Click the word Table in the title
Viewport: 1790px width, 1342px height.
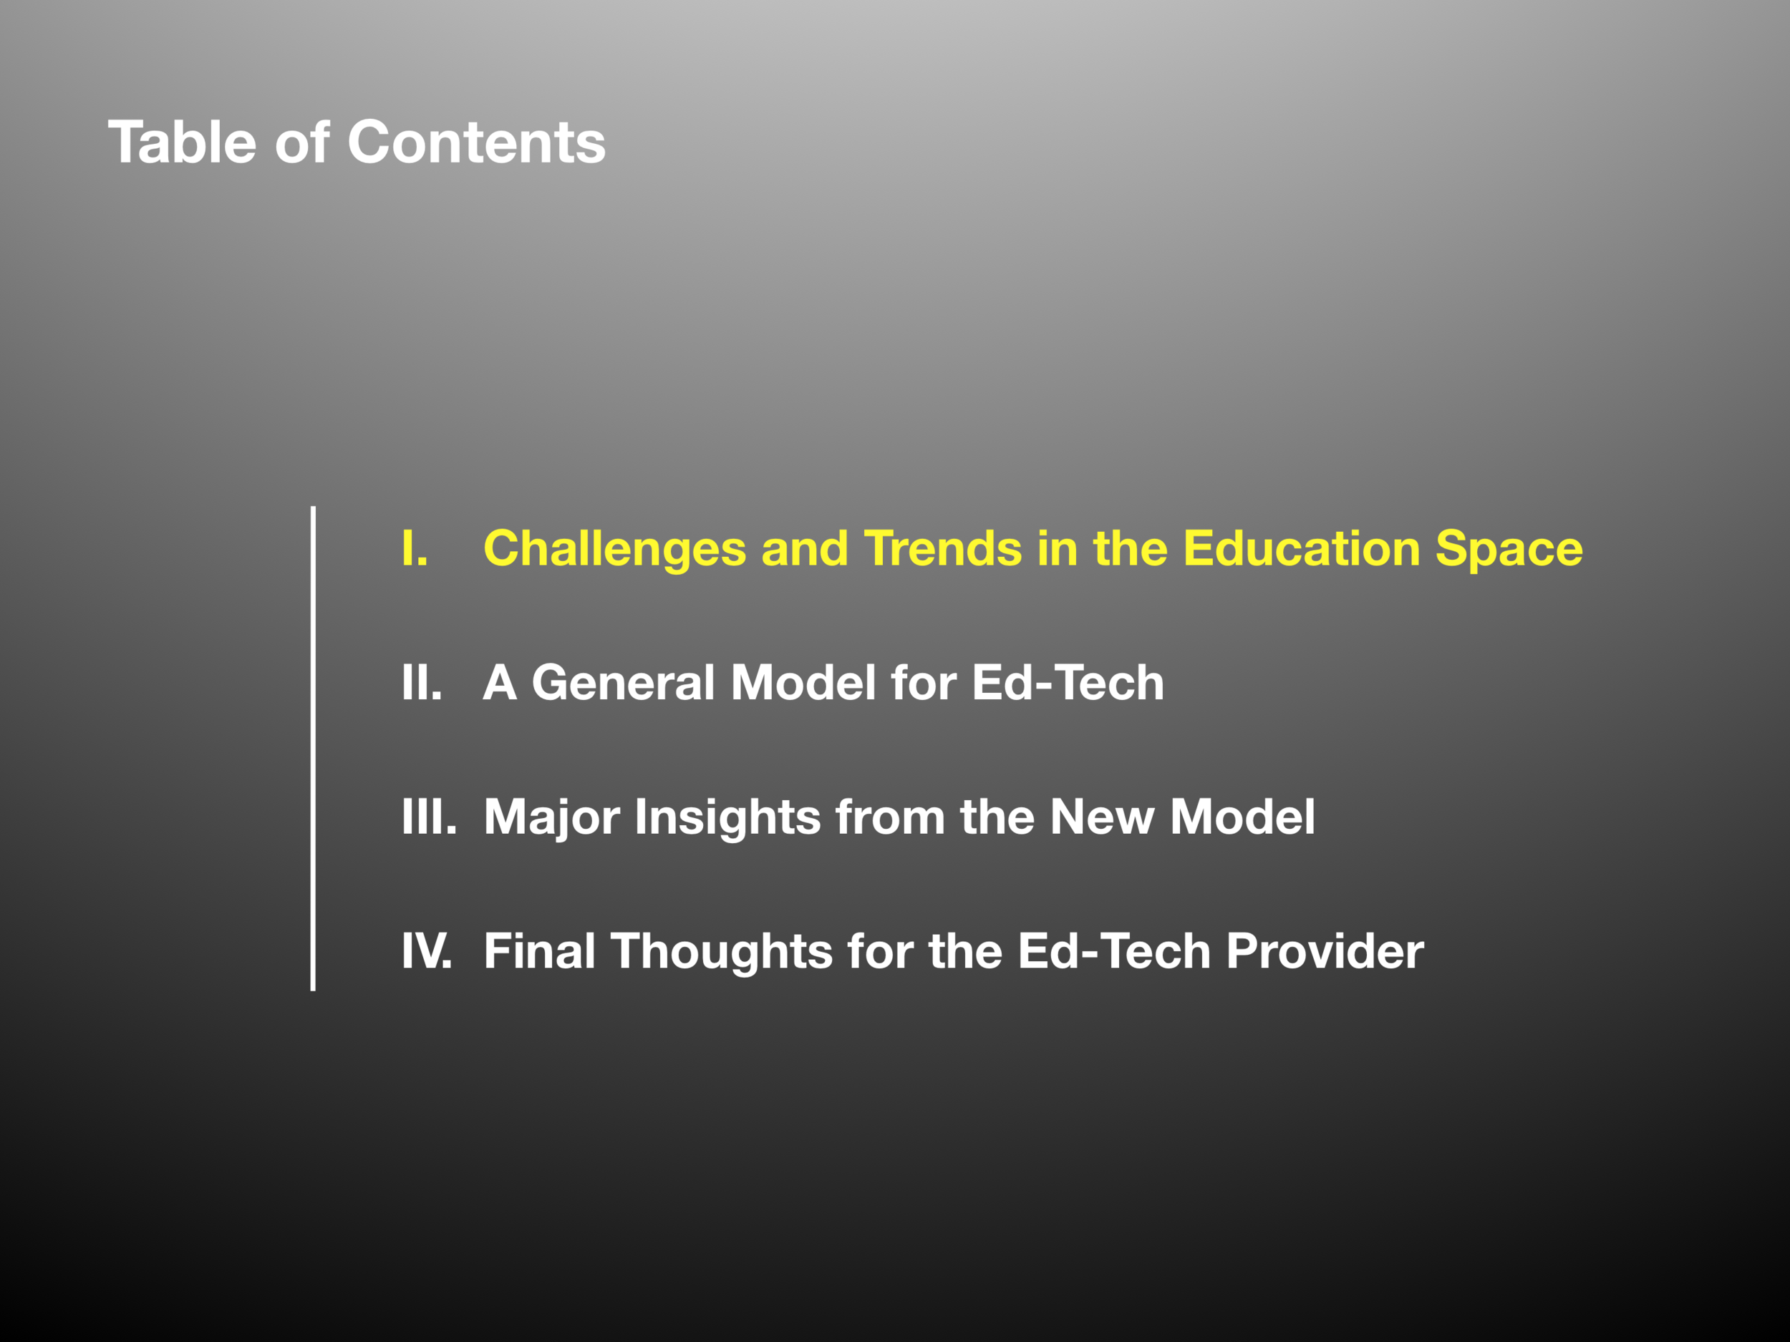click(182, 142)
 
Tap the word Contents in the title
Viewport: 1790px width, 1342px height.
click(477, 142)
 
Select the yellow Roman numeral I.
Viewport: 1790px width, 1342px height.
click(415, 548)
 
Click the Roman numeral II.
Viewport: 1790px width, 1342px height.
click(422, 683)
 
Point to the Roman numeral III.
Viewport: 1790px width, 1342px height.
click(429, 817)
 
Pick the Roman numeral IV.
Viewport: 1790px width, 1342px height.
click(427, 951)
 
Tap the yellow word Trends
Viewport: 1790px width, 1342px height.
click(943, 548)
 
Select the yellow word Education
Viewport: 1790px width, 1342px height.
click(1302, 548)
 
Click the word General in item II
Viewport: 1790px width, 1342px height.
click(623, 683)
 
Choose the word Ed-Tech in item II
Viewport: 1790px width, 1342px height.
click(1068, 683)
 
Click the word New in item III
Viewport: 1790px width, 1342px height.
click(1102, 817)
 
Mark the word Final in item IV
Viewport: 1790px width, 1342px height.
click(540, 951)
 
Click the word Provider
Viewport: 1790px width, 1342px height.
click(1325, 951)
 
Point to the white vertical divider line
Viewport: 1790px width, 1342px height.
click(313, 748)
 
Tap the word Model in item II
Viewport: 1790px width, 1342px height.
click(803, 683)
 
